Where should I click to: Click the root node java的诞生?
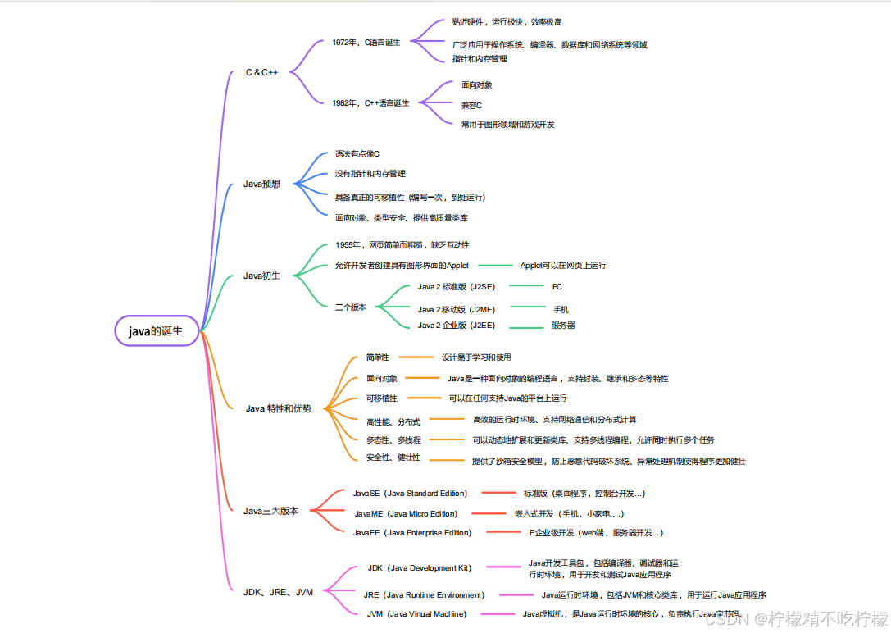tap(157, 331)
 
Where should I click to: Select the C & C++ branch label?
tap(262, 72)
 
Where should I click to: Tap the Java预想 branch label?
tap(262, 184)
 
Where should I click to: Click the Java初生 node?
tap(262, 276)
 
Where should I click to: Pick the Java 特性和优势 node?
tap(279, 408)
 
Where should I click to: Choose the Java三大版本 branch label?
tap(271, 511)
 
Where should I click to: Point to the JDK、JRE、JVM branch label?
tap(279, 592)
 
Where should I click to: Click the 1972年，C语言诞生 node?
tap(366, 42)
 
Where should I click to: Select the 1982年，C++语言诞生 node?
tap(370, 103)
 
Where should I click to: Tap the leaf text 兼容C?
tap(471, 105)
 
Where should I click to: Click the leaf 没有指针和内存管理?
tap(370, 174)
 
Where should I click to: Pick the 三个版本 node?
tap(351, 307)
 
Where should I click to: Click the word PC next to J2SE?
tap(557, 287)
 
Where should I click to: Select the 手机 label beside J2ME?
tap(561, 309)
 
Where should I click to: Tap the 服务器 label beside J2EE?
tap(563, 326)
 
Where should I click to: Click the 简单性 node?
tap(378, 357)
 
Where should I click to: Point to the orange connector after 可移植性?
tap(424, 398)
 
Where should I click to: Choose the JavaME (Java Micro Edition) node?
tap(406, 513)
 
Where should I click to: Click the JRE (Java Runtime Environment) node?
tap(424, 594)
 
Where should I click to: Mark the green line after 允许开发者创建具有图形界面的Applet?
tap(494, 266)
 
